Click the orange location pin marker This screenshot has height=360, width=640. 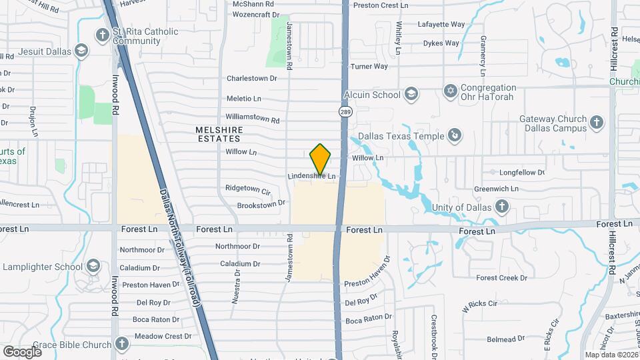coord(321,159)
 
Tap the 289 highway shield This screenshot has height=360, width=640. coord(345,112)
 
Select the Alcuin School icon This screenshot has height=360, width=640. coord(411,94)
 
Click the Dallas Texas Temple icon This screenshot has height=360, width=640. coord(455,136)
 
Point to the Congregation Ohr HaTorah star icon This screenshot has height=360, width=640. coord(451,89)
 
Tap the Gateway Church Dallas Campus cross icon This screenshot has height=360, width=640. coord(597,122)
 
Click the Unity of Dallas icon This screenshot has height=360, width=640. coord(502,207)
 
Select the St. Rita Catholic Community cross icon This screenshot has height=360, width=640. coord(102,35)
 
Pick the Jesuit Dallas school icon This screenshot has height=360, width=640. coord(81,51)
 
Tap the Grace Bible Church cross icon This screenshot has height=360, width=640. coord(121,344)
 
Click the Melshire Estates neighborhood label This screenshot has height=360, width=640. coord(218,134)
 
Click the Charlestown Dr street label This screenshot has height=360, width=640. coord(251,78)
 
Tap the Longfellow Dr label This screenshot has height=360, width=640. coord(522,172)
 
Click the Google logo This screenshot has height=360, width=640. coord(22,351)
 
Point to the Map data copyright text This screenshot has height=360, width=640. coord(610,355)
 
